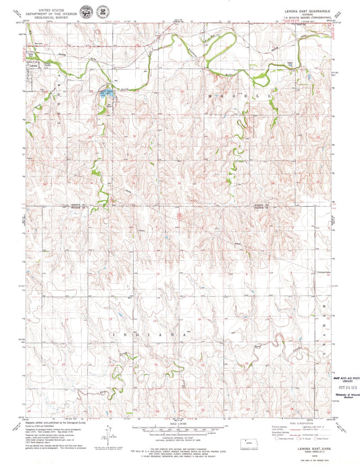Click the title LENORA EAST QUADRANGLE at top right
click(x=305, y=5)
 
